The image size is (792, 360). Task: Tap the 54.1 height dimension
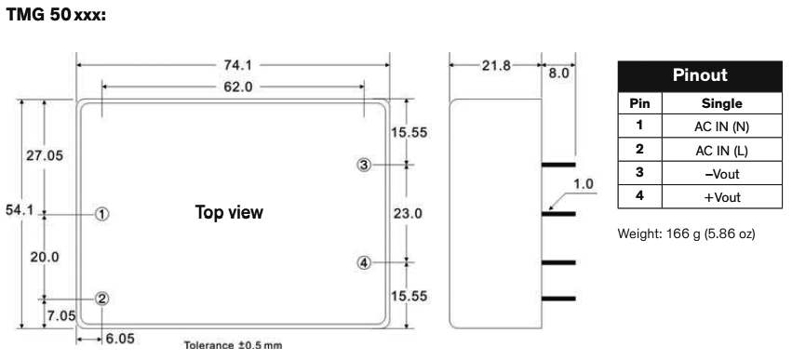(x=18, y=210)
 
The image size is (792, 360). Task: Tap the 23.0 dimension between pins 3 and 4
(x=408, y=214)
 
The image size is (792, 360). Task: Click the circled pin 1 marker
(x=102, y=213)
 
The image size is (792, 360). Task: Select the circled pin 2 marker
(x=102, y=299)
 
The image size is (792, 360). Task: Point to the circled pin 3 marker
(x=364, y=165)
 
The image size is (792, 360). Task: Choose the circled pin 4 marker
(x=364, y=262)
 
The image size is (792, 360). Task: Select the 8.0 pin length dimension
(x=557, y=68)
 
